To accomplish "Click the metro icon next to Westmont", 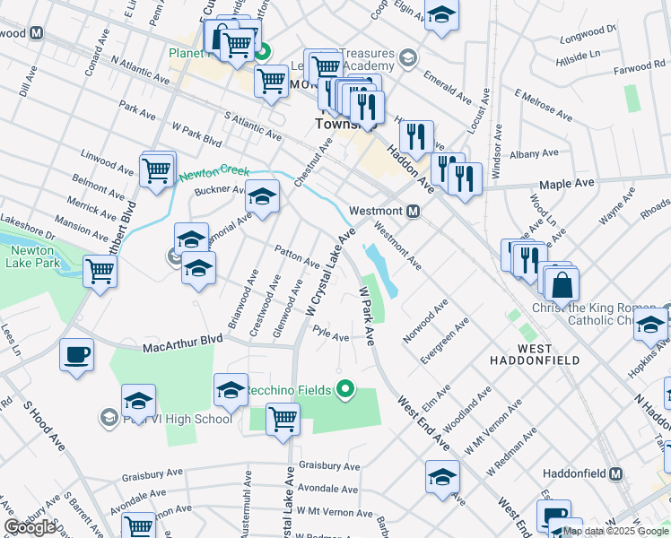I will tap(414, 212).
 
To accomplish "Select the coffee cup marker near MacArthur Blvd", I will tap(76, 354).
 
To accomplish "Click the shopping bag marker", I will tap(562, 284).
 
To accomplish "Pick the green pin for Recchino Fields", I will tap(344, 389).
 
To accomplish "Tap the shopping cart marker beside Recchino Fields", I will tap(283, 418).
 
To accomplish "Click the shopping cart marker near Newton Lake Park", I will tap(100, 271).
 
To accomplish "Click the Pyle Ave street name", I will tap(330, 334).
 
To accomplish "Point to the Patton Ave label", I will tap(297, 257).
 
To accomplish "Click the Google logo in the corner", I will tap(30, 526).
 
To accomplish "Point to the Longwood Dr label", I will tap(588, 34).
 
